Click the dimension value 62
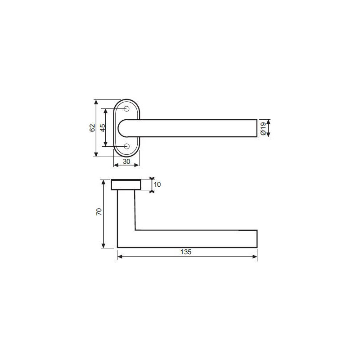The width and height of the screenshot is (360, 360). tap(92, 128)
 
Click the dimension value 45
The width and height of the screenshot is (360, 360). tap(103, 128)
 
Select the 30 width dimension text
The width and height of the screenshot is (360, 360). tap(126, 162)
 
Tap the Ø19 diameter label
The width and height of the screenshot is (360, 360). tap(263, 128)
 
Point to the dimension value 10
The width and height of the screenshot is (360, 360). tap(157, 184)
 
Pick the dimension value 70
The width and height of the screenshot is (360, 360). tap(99, 211)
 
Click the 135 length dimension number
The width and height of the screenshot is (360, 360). tap(186, 252)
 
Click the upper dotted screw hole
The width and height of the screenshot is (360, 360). tap(126, 109)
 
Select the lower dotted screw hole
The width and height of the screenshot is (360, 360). tap(126, 146)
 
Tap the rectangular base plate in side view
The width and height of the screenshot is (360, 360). tap(126, 185)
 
